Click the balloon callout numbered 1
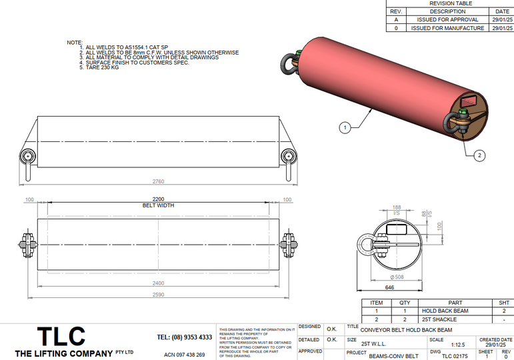pyautogui.click(x=345, y=126)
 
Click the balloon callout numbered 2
pyautogui.click(x=479, y=156)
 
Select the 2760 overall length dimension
pyautogui.click(x=158, y=181)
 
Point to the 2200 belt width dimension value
pyautogui.click(x=157, y=199)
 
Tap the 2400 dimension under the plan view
pyautogui.click(x=157, y=283)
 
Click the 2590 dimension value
pyautogui.click(x=157, y=294)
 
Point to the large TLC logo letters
pyautogui.click(x=61, y=336)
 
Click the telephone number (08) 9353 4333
pyautogui.click(x=185, y=337)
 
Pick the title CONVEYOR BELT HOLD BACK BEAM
pyautogui.click(x=406, y=330)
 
